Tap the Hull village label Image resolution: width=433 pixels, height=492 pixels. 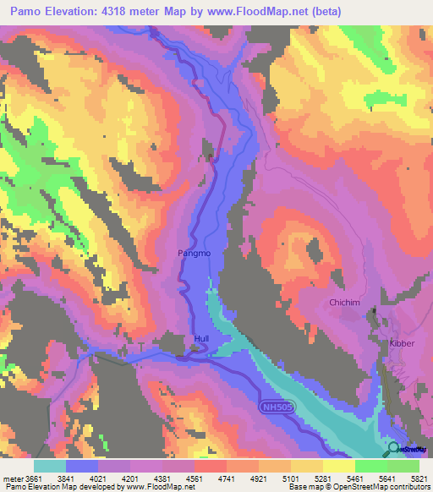pos(201,340)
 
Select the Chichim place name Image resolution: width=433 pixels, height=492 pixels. pos(344,303)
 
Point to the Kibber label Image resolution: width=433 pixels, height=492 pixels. pos(403,343)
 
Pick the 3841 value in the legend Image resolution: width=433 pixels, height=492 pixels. pos(81,478)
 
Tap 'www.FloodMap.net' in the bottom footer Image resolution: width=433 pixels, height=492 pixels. pos(159,487)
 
